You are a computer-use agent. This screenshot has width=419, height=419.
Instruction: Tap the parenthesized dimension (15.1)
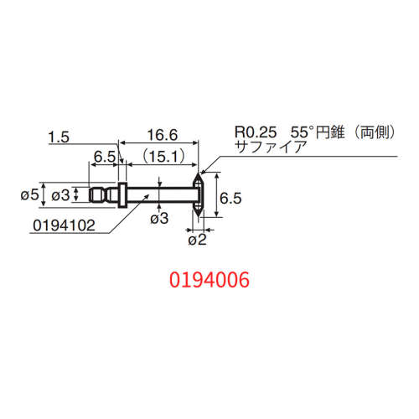pos(162,156)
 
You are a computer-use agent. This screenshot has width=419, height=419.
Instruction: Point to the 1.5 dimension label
pos(59,136)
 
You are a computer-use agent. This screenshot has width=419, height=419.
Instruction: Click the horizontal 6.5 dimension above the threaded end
pos(104,156)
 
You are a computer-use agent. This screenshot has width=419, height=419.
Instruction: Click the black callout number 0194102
pos(63,225)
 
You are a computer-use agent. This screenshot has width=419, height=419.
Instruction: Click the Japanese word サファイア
pos(272,146)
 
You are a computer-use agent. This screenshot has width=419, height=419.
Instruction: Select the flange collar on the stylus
pos(122,194)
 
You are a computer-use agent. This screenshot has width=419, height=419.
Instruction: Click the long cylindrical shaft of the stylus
pos(159,194)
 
